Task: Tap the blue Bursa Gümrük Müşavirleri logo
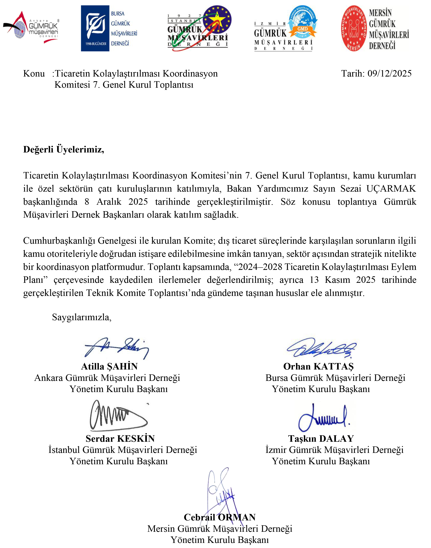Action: point(109,28)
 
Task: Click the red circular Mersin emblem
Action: point(354,28)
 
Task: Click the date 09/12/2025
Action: point(389,73)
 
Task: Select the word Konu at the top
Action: point(34,73)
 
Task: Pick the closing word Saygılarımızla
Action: point(81,317)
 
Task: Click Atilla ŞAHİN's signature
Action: point(117,348)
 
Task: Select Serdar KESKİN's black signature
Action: point(117,416)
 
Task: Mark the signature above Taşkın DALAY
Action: point(324,417)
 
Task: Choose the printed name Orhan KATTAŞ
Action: point(319,366)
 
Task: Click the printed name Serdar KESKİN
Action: point(120,439)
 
